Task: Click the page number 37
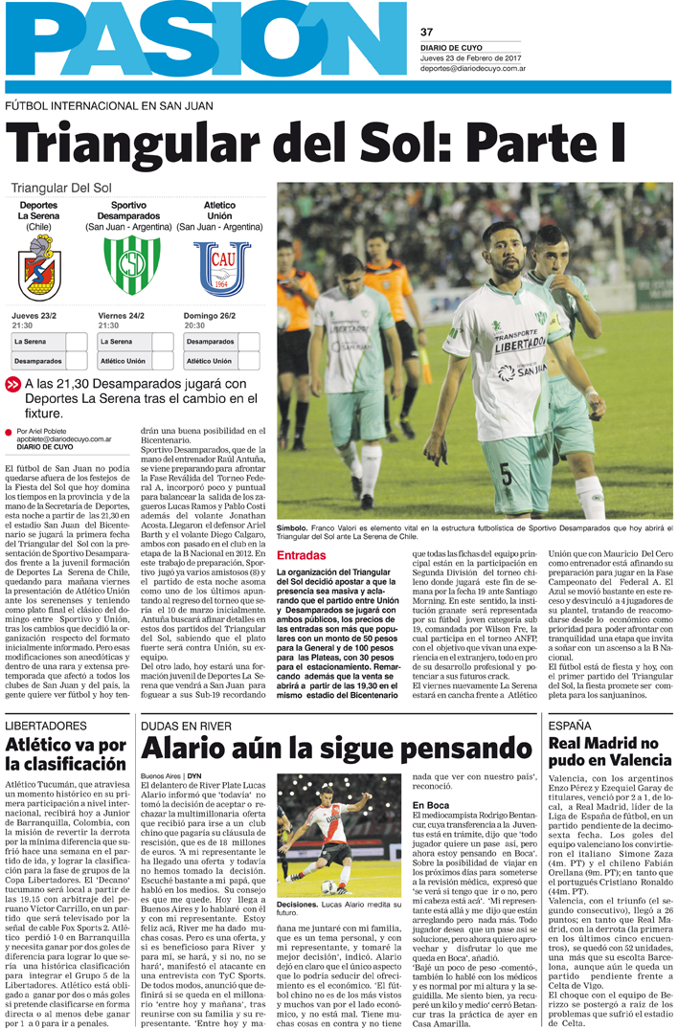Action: [x=427, y=32]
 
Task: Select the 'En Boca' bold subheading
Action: [x=430, y=805]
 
